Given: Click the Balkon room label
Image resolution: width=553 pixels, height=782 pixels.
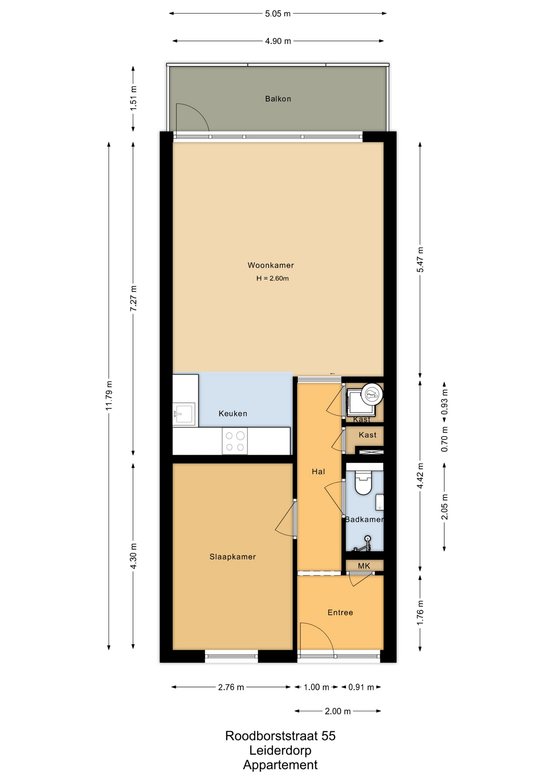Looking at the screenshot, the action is pyautogui.click(x=278, y=99).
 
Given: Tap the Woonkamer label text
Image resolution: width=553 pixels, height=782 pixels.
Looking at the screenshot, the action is pyautogui.click(x=271, y=265).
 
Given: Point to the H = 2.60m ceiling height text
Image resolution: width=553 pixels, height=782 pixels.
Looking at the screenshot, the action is pyautogui.click(x=272, y=279).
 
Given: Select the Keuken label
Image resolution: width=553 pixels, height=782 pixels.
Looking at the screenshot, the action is pyautogui.click(x=233, y=413).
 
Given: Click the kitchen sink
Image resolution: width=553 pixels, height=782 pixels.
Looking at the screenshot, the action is pyautogui.click(x=184, y=414).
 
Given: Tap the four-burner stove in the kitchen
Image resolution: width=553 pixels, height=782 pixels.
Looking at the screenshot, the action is pyautogui.click(x=235, y=441).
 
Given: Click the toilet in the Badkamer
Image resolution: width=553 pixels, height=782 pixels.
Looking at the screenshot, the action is pyautogui.click(x=364, y=482).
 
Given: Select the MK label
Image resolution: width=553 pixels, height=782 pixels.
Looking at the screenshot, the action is pyautogui.click(x=364, y=566).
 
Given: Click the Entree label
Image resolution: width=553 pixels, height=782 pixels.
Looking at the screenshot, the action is pyautogui.click(x=340, y=613).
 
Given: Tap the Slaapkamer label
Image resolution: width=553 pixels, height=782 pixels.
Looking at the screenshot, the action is pyautogui.click(x=233, y=557).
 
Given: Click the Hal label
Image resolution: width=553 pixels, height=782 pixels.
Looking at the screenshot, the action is pyautogui.click(x=318, y=472).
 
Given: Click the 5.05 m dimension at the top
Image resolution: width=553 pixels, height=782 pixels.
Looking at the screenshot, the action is pyautogui.click(x=278, y=14).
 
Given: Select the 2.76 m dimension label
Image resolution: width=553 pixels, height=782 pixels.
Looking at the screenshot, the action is pyautogui.click(x=231, y=688).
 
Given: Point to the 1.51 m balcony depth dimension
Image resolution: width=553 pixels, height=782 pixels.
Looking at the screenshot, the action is pyautogui.click(x=133, y=98).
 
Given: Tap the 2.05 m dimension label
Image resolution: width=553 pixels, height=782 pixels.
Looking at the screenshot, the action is pyautogui.click(x=445, y=507).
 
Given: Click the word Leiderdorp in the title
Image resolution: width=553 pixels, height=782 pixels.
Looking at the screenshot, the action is pyautogui.click(x=280, y=750).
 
